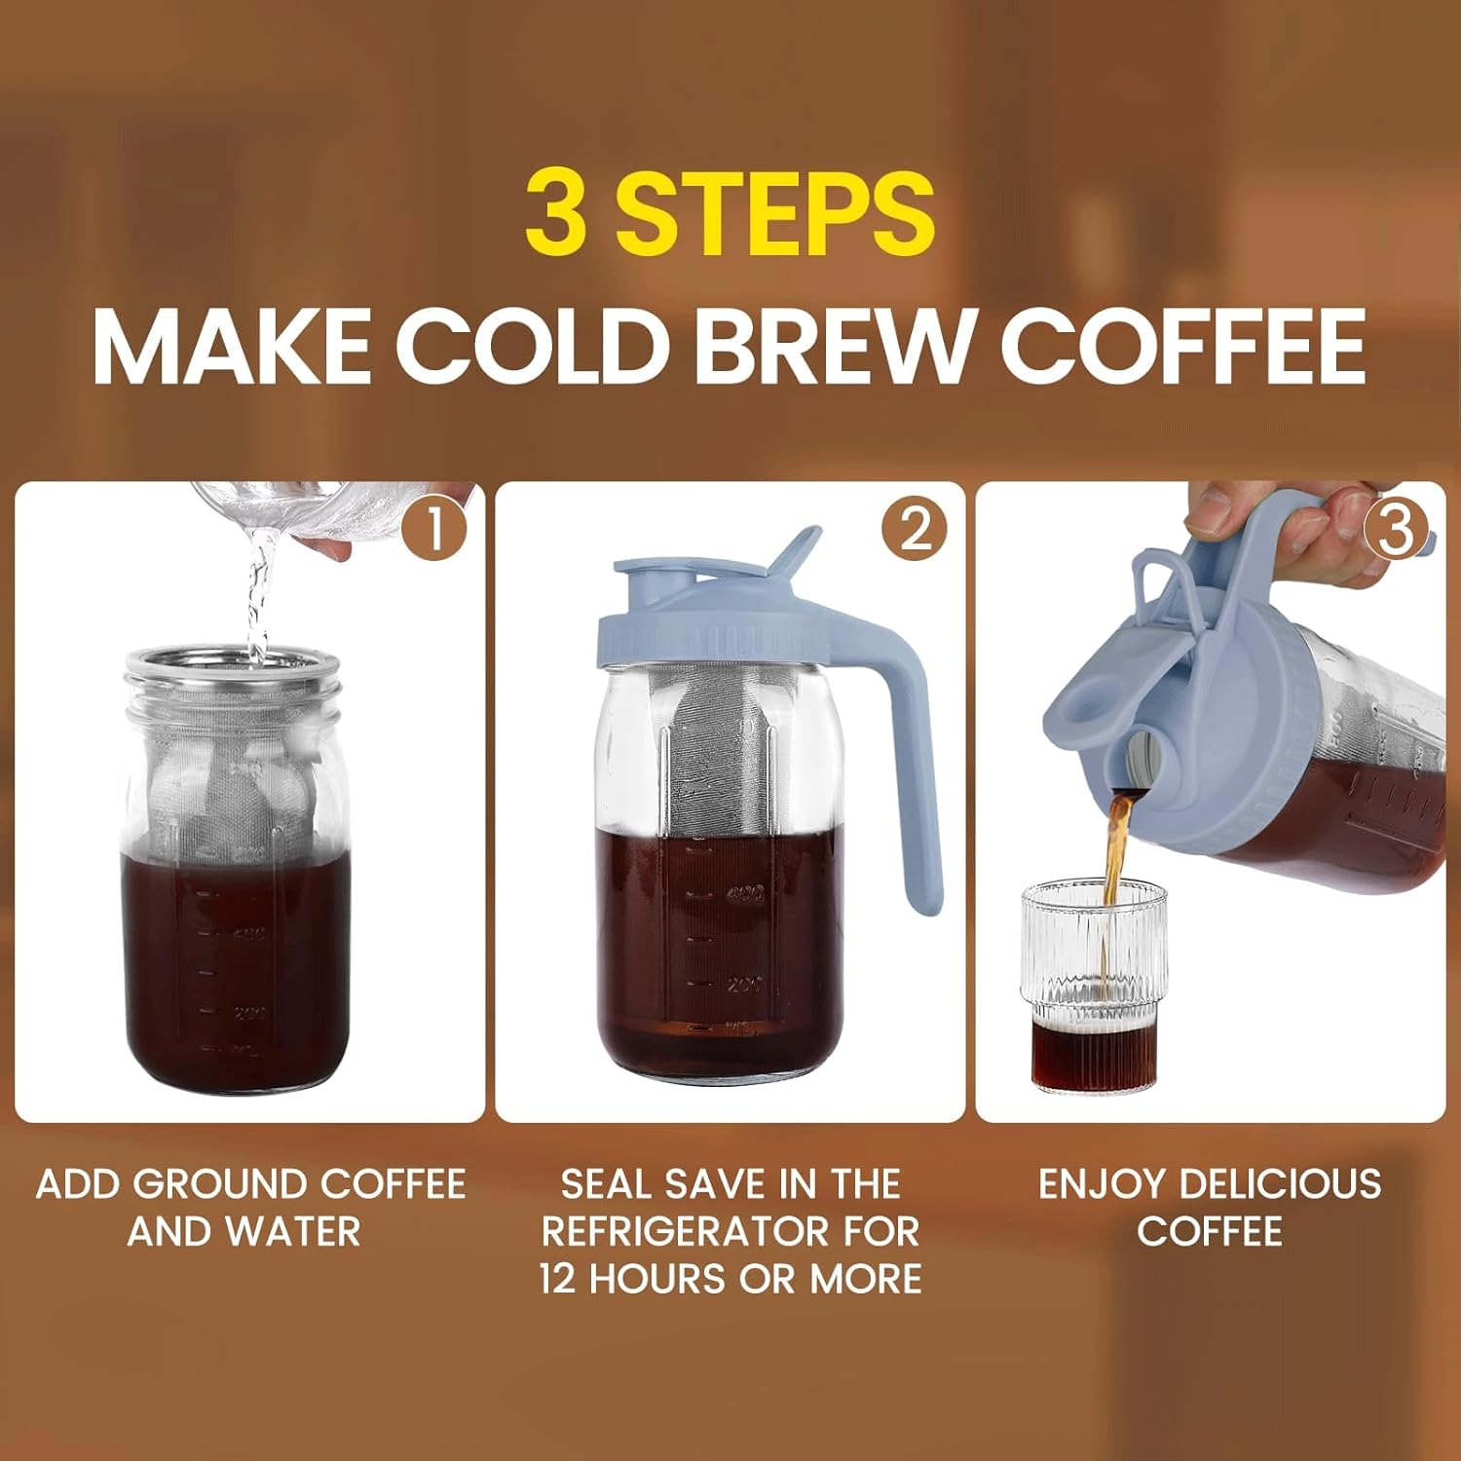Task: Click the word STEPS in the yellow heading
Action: coord(774,212)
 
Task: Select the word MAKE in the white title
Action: coord(231,346)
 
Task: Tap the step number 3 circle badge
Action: coord(1396,531)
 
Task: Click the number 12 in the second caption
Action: coord(558,1279)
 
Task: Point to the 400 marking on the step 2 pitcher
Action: coord(746,893)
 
